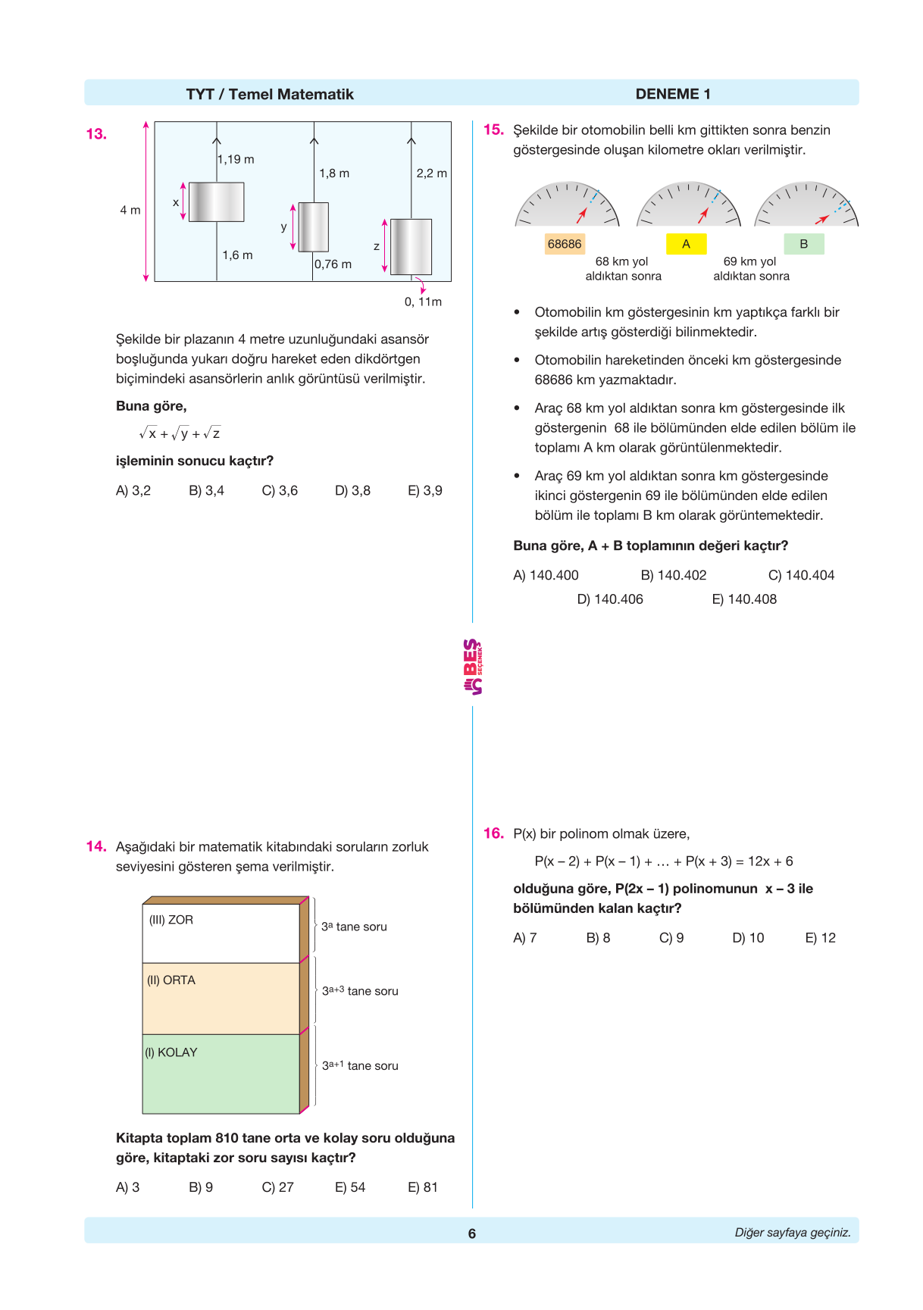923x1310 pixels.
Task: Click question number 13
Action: click(96, 134)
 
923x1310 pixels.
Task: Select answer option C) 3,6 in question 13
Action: click(280, 491)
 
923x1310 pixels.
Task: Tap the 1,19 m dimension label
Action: click(236, 159)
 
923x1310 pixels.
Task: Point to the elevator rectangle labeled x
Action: click(216, 202)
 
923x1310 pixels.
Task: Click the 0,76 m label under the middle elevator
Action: click(333, 264)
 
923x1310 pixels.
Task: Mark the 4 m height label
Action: click(130, 210)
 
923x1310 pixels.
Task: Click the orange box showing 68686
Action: click(565, 244)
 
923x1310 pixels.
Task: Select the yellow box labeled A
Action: click(686, 244)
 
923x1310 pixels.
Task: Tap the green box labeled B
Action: click(803, 244)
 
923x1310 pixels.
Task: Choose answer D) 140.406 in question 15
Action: click(610, 599)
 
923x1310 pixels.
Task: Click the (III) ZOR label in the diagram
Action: click(171, 920)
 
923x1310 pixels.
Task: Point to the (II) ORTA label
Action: click(171, 980)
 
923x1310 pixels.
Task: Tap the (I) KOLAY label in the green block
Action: click(171, 1052)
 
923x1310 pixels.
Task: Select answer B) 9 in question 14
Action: click(201, 1187)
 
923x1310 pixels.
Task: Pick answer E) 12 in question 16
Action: click(820, 938)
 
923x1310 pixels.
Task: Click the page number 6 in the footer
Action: click(471, 1233)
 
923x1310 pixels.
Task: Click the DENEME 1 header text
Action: click(673, 94)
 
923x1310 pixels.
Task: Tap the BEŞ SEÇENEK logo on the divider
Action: click(472, 667)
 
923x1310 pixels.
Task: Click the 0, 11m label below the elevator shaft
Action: click(423, 302)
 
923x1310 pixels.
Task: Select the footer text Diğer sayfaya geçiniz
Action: click(792, 1233)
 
